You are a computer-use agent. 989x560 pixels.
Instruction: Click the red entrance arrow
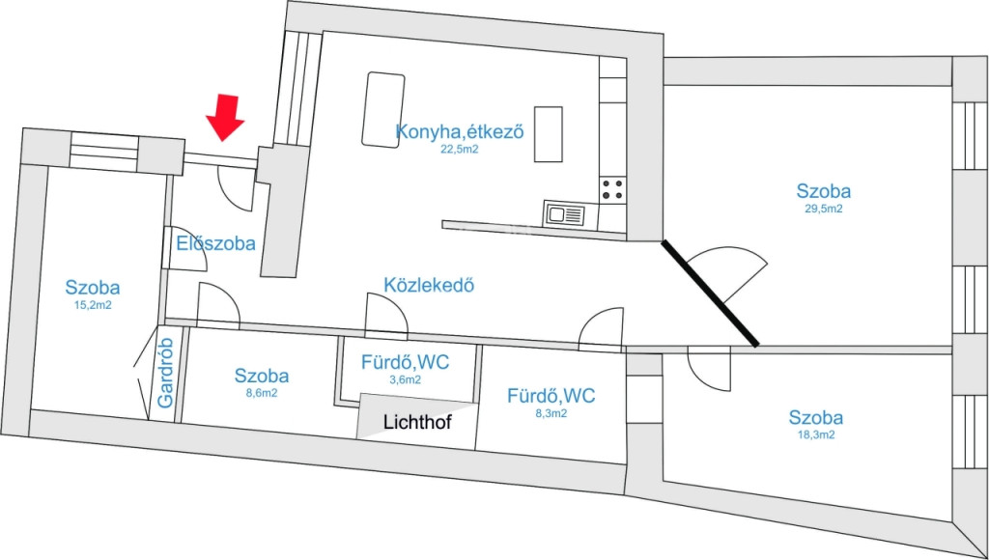[x=224, y=117]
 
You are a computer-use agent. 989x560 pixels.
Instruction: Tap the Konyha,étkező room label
[x=460, y=132]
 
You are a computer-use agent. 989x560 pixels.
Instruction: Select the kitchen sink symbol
[x=564, y=214]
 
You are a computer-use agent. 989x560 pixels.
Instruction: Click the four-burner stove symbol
[x=613, y=189]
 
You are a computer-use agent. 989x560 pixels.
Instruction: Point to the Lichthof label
[x=417, y=423]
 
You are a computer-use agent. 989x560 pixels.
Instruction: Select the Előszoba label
[x=215, y=243]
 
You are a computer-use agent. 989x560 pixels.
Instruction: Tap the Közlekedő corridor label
[x=429, y=285]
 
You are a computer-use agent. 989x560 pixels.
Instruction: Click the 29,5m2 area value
[x=823, y=210]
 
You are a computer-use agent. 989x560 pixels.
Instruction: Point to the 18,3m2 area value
[x=815, y=435]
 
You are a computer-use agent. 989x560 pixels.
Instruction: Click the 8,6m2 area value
[x=261, y=393]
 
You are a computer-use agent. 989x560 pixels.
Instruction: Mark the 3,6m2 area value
[x=405, y=379]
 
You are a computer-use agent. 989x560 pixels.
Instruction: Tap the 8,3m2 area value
[x=551, y=413]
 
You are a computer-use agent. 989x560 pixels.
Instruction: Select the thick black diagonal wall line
[x=710, y=294]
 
